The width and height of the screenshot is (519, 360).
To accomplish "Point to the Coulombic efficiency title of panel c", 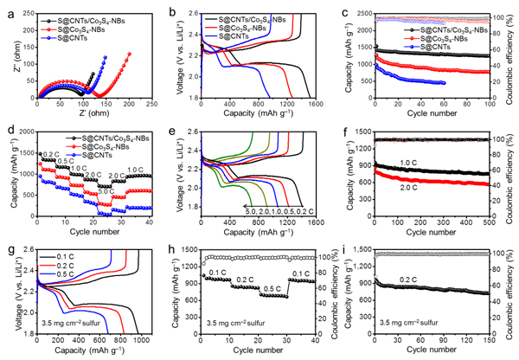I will (513, 56).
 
